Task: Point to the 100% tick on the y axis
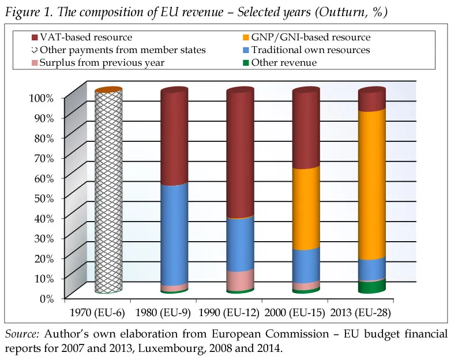(x=41, y=98)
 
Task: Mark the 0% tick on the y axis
(x=46, y=298)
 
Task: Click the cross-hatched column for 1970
(x=108, y=190)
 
